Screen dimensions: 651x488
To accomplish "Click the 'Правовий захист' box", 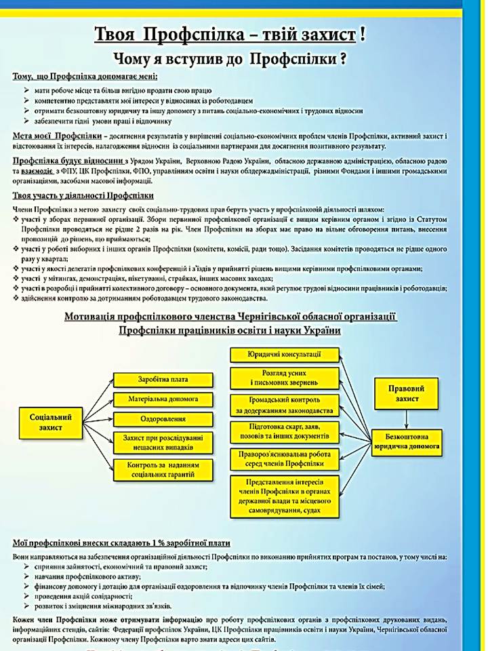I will [408, 394].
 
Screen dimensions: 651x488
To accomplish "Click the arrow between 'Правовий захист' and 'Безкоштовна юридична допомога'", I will [408, 419].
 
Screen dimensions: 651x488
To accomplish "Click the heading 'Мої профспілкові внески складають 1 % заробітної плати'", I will [121, 543].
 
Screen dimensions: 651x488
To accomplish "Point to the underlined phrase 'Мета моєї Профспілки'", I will [47, 136].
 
